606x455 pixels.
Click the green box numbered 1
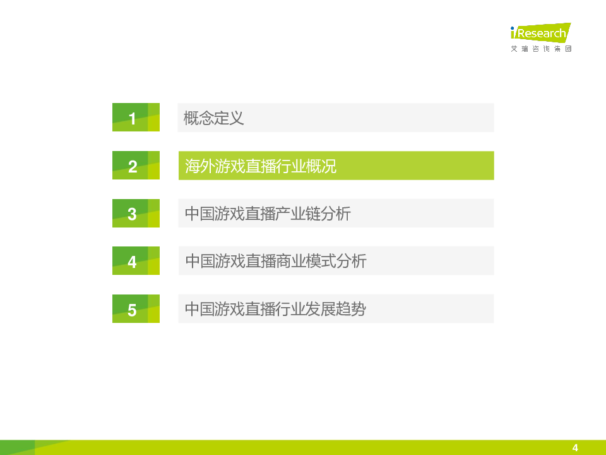click(x=136, y=118)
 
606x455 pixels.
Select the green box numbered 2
click(x=136, y=165)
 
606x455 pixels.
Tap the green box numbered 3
click(x=136, y=213)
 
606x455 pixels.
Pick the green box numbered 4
click(x=136, y=261)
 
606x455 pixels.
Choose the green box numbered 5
click(x=136, y=309)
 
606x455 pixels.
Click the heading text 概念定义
click(x=214, y=118)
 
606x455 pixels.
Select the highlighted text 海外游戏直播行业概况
click(x=261, y=166)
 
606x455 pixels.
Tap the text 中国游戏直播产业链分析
click(x=268, y=214)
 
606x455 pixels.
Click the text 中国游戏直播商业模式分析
click(x=276, y=261)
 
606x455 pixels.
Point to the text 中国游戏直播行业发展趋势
click(x=276, y=309)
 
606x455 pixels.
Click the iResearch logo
click(x=541, y=32)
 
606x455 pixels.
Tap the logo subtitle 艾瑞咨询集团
click(x=541, y=49)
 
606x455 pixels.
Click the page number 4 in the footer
click(x=575, y=447)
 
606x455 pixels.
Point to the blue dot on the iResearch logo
click(x=513, y=28)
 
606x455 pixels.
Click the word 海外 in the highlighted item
click(x=200, y=166)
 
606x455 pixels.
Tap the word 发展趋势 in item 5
click(x=336, y=309)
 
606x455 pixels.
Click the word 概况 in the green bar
click(x=321, y=166)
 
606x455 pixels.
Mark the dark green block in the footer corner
click(x=18, y=447)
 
